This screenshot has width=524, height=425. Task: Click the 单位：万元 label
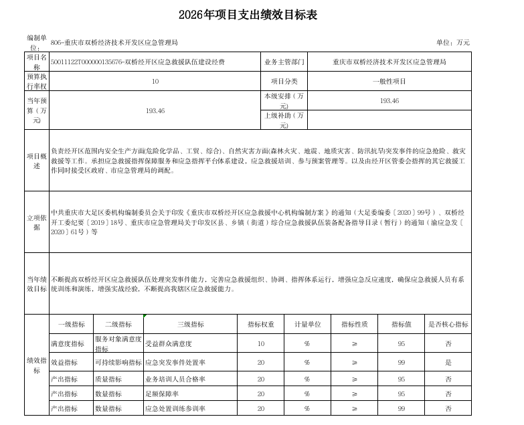pos(453,42)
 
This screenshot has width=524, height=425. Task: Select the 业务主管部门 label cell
pos(284,62)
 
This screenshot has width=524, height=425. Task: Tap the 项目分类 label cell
pos(284,81)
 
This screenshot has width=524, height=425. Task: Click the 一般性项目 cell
pos(389,81)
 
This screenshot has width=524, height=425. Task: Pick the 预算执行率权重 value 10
pos(155,81)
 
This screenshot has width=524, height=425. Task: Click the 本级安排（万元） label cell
pos(284,100)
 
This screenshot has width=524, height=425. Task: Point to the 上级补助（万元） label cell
pos(284,120)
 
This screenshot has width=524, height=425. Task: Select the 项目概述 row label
pos(37,160)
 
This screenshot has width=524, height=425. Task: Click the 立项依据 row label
pos(37,222)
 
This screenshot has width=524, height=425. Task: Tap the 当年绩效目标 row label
pos(37,283)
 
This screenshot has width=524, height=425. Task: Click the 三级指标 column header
pos(190,324)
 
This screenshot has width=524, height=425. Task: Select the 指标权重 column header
pos(261,324)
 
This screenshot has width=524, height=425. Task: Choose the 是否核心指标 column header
pos(448,324)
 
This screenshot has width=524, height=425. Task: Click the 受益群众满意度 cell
pos(169,343)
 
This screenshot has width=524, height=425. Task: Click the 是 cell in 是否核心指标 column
pos(448,362)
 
